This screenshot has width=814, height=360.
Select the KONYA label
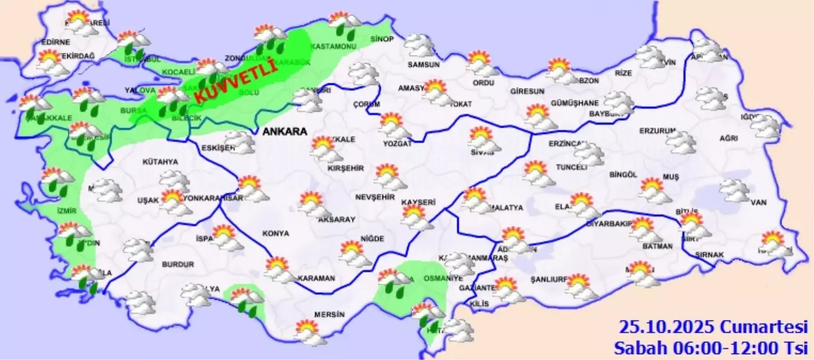point(276,234)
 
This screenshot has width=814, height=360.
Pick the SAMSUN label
point(424,65)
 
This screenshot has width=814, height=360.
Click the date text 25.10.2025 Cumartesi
point(713,326)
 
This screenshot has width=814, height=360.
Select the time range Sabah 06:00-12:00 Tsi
point(711,348)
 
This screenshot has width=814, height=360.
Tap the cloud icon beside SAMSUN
point(419,45)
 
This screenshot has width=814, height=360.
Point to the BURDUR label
point(178,264)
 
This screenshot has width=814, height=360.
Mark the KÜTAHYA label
point(160,162)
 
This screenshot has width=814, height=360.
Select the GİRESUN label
point(527,91)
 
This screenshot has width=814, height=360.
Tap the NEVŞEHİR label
point(375,197)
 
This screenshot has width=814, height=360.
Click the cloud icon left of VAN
point(735,190)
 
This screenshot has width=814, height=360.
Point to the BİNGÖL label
point(623,174)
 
